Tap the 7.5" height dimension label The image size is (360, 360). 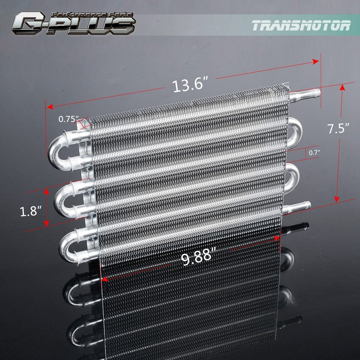click(338, 128)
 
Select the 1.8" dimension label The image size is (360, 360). click(31, 211)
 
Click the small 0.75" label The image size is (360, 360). click(69, 119)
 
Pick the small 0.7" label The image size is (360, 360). click(314, 153)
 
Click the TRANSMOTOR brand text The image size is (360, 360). click(301, 25)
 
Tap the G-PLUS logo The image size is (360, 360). click(74, 24)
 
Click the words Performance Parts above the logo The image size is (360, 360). click(92, 15)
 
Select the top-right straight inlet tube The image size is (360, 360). click(305, 94)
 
